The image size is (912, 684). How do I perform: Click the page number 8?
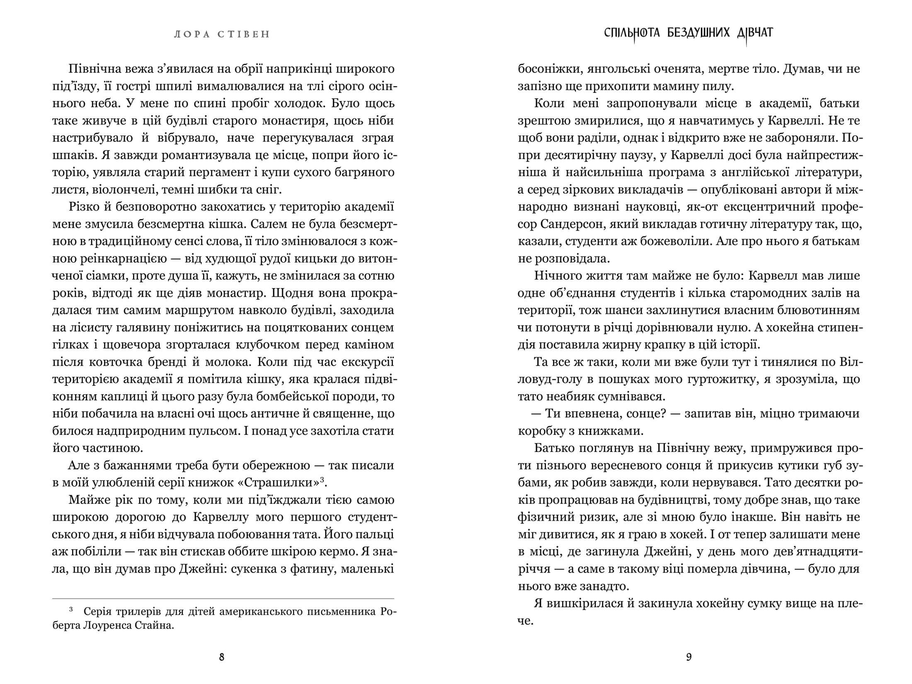[221, 657]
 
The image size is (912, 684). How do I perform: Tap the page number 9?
[689, 657]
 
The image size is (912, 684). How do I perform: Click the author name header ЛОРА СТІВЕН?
[222, 34]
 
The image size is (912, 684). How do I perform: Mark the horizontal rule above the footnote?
[223, 598]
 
